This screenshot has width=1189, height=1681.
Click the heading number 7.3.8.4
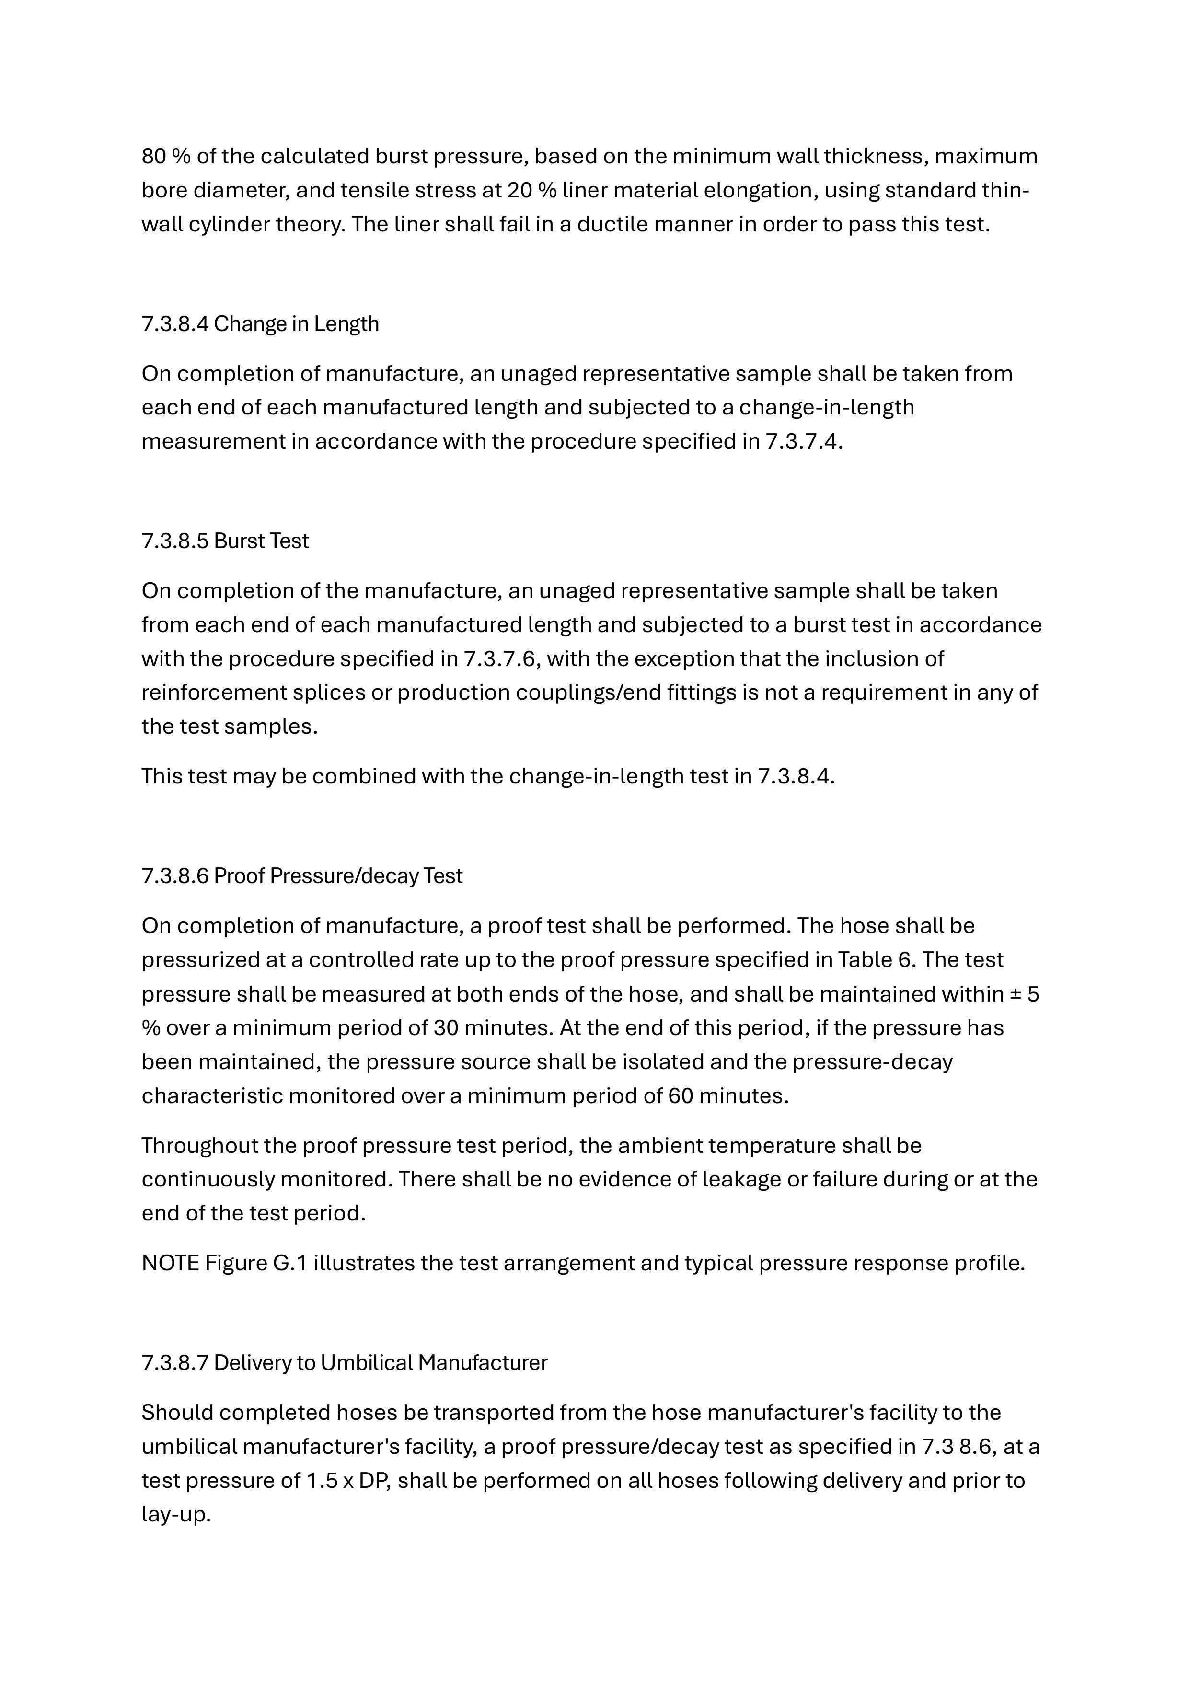(174, 323)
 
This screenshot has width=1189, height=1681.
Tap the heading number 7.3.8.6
(174, 875)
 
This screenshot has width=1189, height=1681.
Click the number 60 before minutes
(681, 1096)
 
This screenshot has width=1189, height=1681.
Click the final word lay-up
(176, 1514)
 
